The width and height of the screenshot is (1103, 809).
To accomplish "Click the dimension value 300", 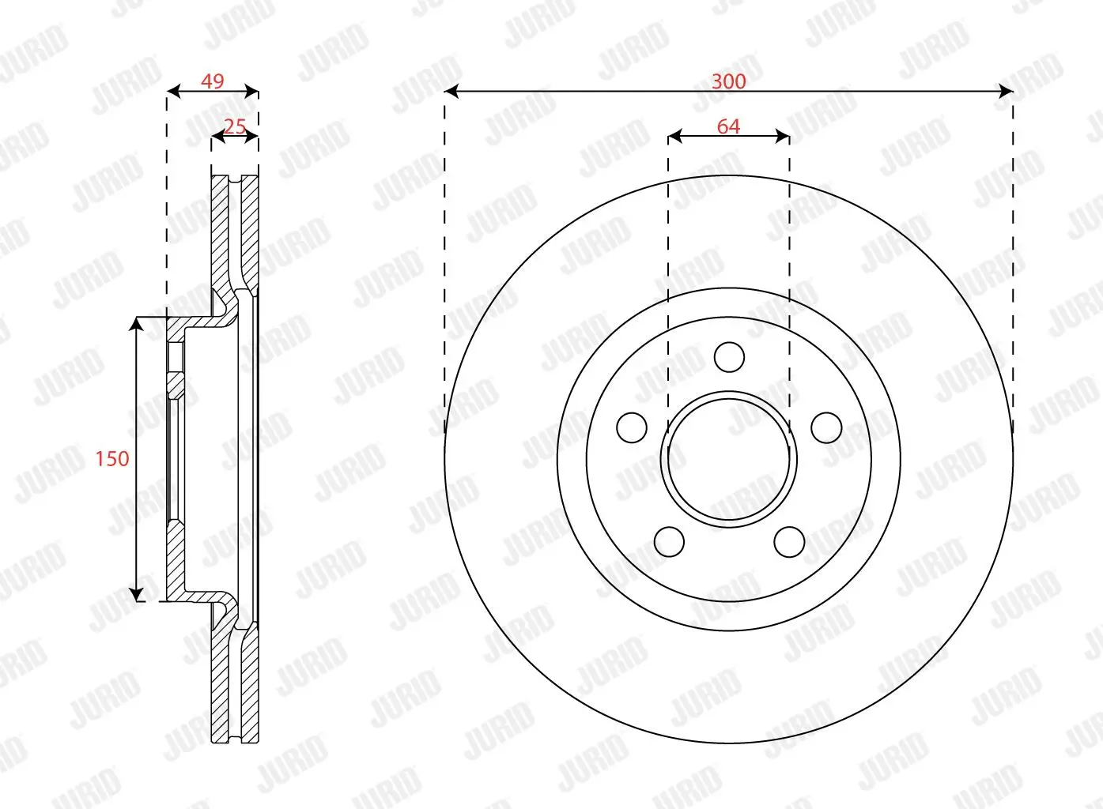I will pos(728,81).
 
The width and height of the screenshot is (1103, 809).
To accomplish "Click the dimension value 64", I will pos(728,126).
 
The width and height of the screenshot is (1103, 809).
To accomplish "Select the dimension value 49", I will pos(212,81).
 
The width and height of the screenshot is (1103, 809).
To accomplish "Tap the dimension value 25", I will pos(235,126).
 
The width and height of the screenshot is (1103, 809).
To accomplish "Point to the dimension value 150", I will pos(111,458).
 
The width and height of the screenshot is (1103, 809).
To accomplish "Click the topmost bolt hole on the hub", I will pos(729,357).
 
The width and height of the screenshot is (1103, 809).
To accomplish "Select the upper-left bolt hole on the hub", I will pos(632,427).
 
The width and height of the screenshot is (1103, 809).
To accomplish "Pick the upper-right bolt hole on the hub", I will pos(826,427).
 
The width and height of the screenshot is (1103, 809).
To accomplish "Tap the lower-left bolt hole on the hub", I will pos(669,542).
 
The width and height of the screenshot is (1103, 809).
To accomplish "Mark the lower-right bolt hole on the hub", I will pos(789,542).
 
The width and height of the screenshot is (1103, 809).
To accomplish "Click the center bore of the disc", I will pos(729,458).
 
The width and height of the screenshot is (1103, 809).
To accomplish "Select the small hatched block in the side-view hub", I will pos(176,386).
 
